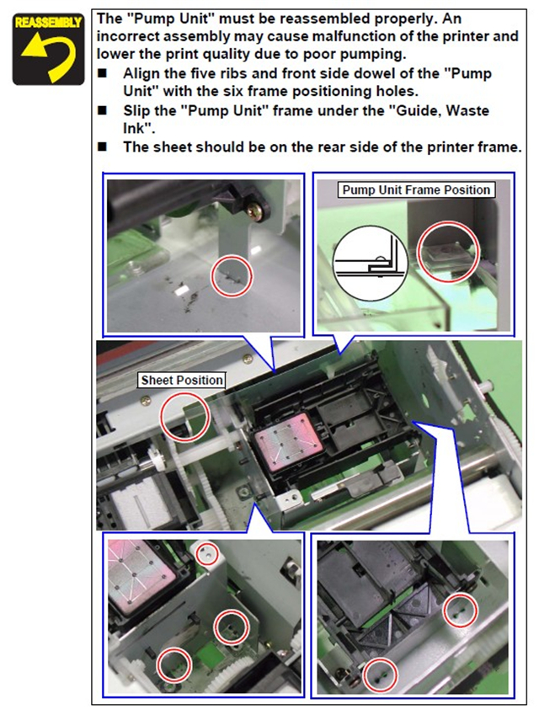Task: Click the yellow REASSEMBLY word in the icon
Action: (x=48, y=22)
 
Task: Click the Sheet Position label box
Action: (x=182, y=380)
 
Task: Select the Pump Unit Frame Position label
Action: (x=416, y=189)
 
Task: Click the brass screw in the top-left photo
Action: (x=254, y=211)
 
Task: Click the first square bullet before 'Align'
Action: (x=102, y=73)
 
